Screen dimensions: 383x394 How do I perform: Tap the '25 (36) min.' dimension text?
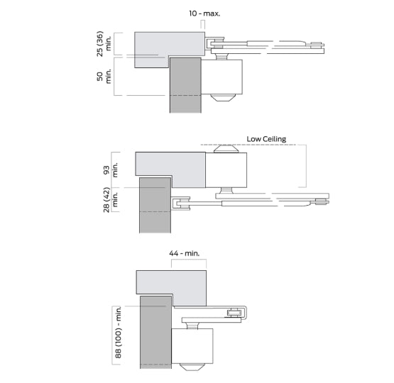(104, 44)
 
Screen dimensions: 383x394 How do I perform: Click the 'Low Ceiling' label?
(266, 139)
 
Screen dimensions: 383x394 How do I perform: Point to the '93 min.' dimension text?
(109, 170)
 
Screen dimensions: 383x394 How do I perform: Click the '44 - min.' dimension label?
(187, 252)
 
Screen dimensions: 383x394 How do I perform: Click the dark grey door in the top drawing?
(185, 85)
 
